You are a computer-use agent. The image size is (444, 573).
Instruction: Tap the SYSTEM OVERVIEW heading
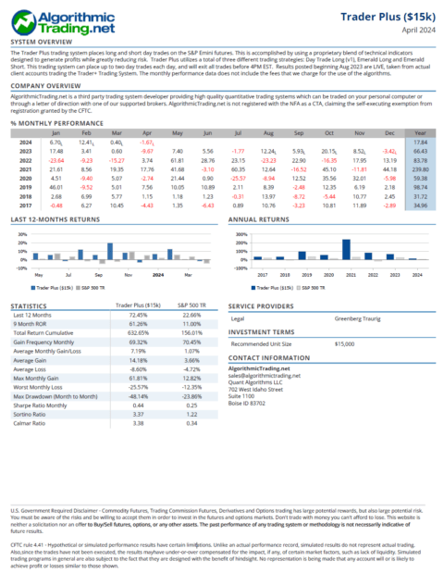[x=43, y=43]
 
